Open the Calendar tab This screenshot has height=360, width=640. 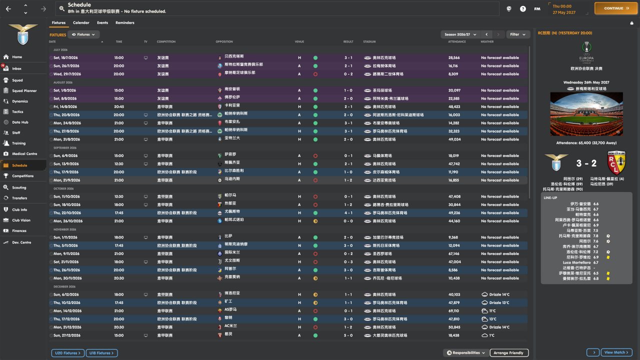tap(81, 22)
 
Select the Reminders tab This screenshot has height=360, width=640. tap(124, 22)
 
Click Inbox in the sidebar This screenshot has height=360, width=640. tap(17, 68)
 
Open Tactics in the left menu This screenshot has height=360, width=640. tap(17, 111)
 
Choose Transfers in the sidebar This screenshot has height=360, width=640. tap(19, 198)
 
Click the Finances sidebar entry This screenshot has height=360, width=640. tap(19, 230)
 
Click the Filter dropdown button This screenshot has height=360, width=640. tap(518, 34)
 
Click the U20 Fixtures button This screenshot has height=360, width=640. tap(66, 353)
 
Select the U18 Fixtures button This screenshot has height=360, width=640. tap(101, 353)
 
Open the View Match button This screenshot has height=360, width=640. tap(616, 352)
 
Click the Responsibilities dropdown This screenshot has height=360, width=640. tap(465, 353)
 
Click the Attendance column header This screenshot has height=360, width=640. tap(456, 41)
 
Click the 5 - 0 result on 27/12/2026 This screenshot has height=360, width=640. tap(348, 335)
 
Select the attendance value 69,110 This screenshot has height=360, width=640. tap(453, 311)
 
